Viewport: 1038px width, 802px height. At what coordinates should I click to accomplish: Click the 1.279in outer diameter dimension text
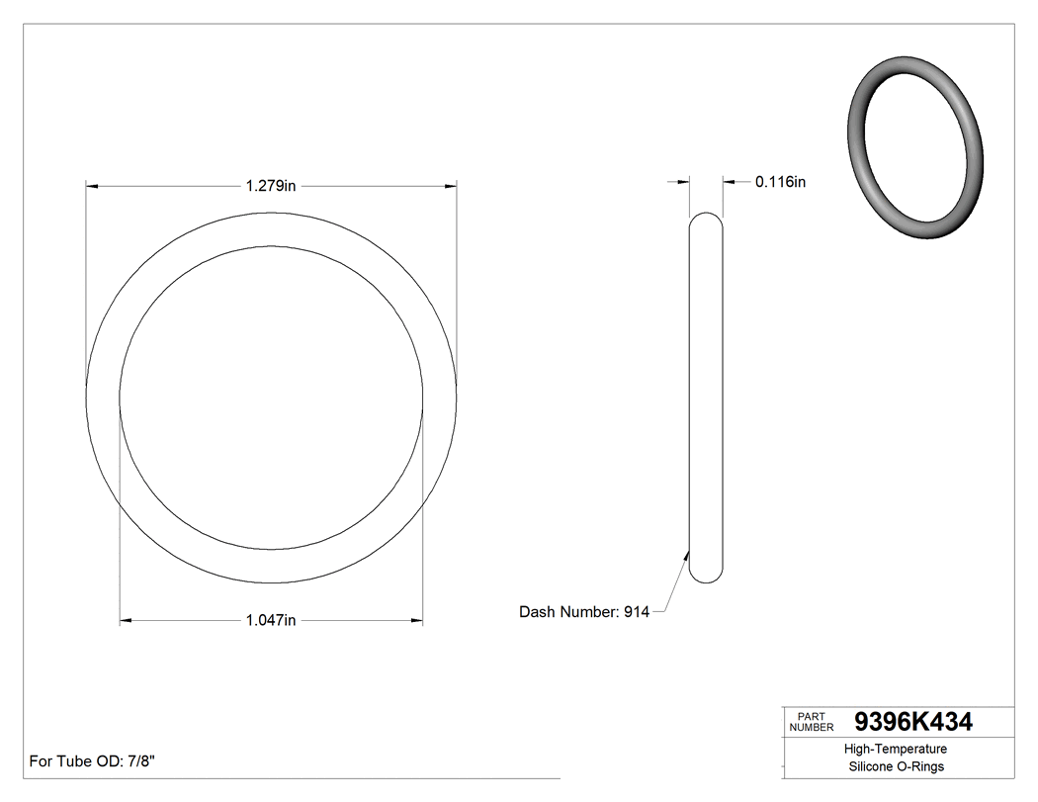pos(271,185)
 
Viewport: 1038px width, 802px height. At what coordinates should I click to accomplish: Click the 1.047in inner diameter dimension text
pos(271,620)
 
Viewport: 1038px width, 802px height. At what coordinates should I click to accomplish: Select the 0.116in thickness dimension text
pos(780,182)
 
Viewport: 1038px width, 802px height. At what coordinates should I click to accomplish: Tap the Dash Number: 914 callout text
pos(583,612)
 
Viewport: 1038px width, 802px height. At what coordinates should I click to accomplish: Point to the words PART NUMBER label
pos(811,722)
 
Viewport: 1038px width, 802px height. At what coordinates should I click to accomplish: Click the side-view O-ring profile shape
pos(706,396)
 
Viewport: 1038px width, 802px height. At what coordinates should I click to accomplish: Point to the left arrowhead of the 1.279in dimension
pos(92,185)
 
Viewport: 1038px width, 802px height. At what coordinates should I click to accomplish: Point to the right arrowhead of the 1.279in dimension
pos(451,185)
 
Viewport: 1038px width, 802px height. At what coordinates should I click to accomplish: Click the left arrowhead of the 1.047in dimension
pos(126,621)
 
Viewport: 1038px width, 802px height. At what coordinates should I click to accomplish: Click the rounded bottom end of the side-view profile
pos(706,576)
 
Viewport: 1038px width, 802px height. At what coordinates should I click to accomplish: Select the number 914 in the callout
pos(636,612)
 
